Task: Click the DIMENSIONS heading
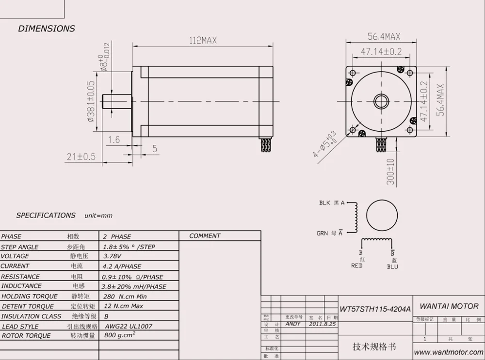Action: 47,29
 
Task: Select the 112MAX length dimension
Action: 203,41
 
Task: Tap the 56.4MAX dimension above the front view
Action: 383,37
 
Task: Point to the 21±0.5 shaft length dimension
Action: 81,157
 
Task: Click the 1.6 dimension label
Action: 113,140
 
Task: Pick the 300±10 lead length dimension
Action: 391,172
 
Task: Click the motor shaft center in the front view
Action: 381,101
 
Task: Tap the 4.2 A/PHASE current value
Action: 122,266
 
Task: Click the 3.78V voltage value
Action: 113,256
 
